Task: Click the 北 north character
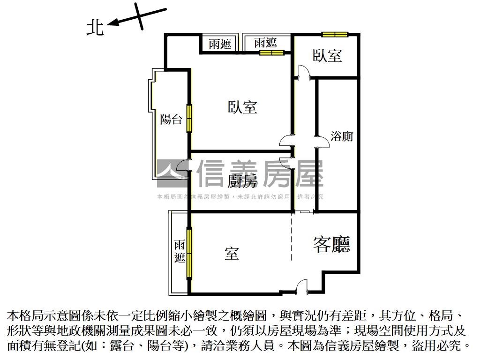pos(96,28)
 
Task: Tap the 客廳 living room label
pos(332,244)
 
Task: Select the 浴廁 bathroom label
pos(342,136)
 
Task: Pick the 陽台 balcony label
pos(171,119)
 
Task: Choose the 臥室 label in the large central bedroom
pos(243,107)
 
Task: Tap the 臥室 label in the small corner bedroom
pos(328,56)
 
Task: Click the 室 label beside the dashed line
pos(232,254)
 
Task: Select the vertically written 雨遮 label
pos(180,251)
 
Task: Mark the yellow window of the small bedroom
pos(335,34)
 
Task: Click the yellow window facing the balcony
pos(189,119)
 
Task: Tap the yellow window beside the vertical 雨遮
pos(189,253)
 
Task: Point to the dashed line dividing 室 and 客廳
pos(292,237)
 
